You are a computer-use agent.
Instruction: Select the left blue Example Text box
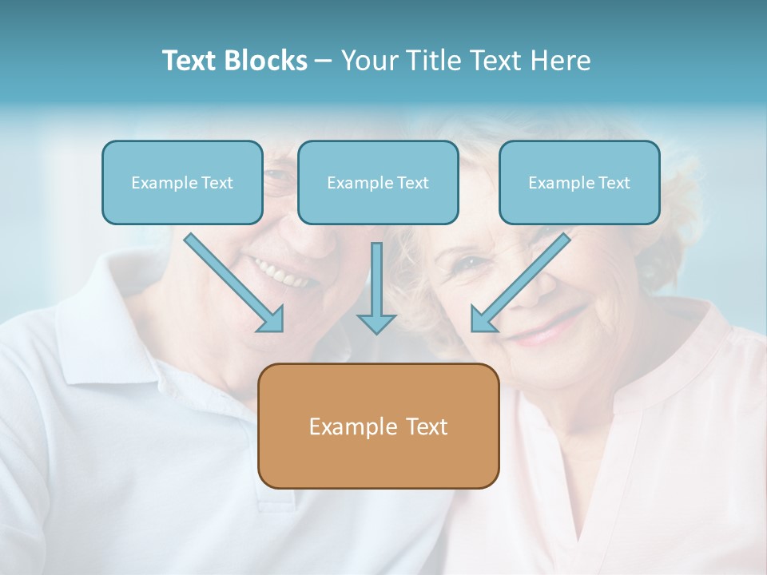pyautogui.click(x=182, y=182)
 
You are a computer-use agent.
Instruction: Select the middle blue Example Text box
pyautogui.click(x=378, y=182)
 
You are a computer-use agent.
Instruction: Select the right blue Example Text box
pyautogui.click(x=579, y=182)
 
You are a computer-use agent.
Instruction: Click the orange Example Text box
pyautogui.click(x=378, y=426)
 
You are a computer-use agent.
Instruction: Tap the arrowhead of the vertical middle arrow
pyautogui.click(x=376, y=323)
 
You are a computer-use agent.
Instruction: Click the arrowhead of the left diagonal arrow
pyautogui.click(x=272, y=319)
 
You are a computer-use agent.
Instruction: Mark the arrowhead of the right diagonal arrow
pyautogui.click(x=483, y=319)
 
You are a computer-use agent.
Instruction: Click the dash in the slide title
pyautogui.click(x=324, y=61)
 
